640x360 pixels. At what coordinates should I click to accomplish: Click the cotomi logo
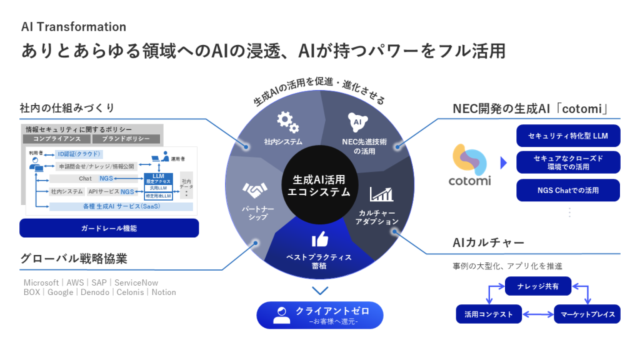[x=470, y=164]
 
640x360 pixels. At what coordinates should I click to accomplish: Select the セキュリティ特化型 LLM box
[x=568, y=136]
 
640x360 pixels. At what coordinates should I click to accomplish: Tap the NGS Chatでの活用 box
[x=568, y=190]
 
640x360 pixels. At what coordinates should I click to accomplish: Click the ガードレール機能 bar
[x=109, y=228]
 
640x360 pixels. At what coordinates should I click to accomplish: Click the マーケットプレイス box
[x=587, y=314]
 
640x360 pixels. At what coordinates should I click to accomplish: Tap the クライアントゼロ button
[x=319, y=315]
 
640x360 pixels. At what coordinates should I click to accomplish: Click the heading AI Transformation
[x=74, y=27]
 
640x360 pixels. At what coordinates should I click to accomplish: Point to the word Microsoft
[x=41, y=282]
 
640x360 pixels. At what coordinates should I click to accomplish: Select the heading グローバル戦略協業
[x=69, y=258]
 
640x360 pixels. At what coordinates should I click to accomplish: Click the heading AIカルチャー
[x=488, y=242]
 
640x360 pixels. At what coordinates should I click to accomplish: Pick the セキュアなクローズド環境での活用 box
[x=568, y=162]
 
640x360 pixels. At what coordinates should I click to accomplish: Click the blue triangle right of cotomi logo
[x=504, y=164]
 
